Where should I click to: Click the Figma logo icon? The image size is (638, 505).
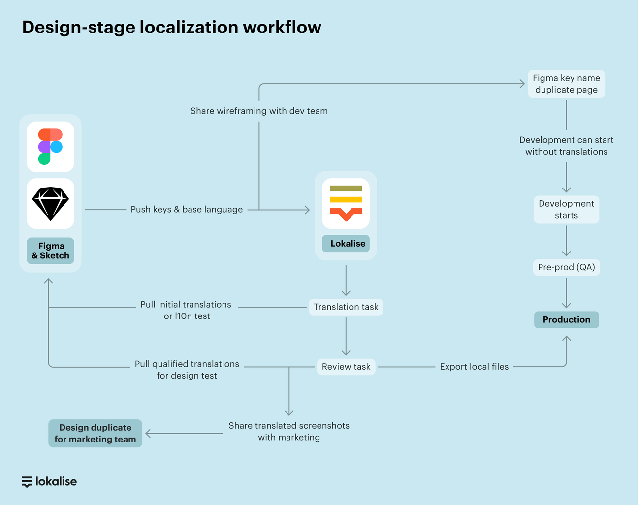[x=50, y=147]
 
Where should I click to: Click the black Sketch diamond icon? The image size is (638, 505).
[x=50, y=203]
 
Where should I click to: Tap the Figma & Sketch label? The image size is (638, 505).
[x=50, y=251]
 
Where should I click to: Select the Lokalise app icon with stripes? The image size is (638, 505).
[x=346, y=203]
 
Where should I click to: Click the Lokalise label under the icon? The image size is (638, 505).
[x=346, y=243]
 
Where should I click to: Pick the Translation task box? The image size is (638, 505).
[x=346, y=307]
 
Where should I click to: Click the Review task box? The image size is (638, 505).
[x=346, y=367]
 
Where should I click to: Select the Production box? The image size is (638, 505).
[x=566, y=319]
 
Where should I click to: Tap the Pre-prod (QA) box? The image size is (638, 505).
[x=566, y=267]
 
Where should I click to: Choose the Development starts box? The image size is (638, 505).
[x=566, y=210]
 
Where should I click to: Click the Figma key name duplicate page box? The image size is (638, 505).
[x=566, y=84]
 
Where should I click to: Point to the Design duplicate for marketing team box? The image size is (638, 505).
[x=95, y=433]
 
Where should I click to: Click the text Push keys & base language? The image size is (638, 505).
[x=187, y=210]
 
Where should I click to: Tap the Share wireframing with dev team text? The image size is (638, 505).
[x=259, y=111]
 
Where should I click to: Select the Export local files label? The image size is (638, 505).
[x=474, y=367]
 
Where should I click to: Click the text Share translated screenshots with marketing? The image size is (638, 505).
[x=289, y=431]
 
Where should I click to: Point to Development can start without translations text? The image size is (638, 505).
[x=566, y=146]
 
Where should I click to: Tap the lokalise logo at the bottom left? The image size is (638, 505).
[x=49, y=481]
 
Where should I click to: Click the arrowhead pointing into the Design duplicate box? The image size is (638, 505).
[x=148, y=434]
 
